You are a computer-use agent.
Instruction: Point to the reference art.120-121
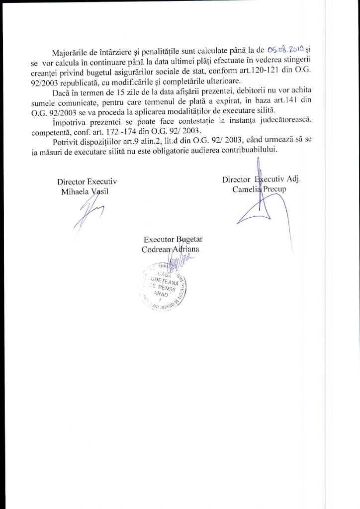point(261,70)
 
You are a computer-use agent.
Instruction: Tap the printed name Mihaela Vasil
point(83,192)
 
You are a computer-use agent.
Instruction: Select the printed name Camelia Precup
point(259,189)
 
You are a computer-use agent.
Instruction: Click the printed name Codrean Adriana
point(171,249)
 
